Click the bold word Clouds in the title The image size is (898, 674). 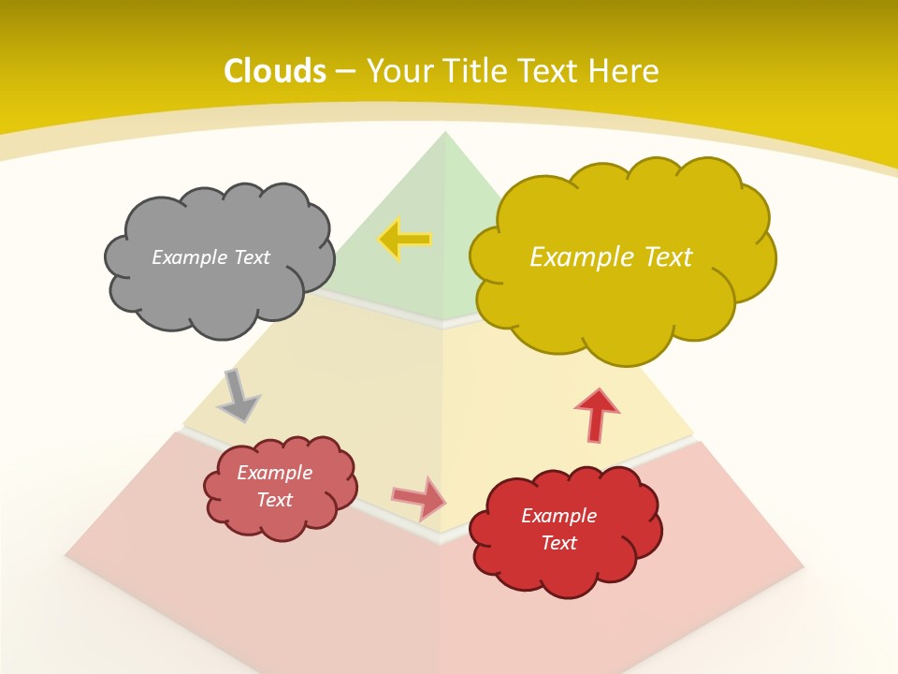[x=275, y=71]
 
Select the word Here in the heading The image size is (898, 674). [x=622, y=71]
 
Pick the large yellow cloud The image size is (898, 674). [x=622, y=257]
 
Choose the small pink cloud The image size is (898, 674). [x=280, y=488]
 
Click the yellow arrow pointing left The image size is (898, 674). [x=405, y=240]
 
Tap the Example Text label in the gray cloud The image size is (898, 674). [x=210, y=257]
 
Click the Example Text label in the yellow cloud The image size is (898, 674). [x=611, y=257]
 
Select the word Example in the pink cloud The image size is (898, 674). [x=275, y=473]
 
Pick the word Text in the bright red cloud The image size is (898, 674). [x=558, y=543]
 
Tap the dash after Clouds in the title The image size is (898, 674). [x=344, y=71]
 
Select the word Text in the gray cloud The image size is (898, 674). [x=250, y=257]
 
